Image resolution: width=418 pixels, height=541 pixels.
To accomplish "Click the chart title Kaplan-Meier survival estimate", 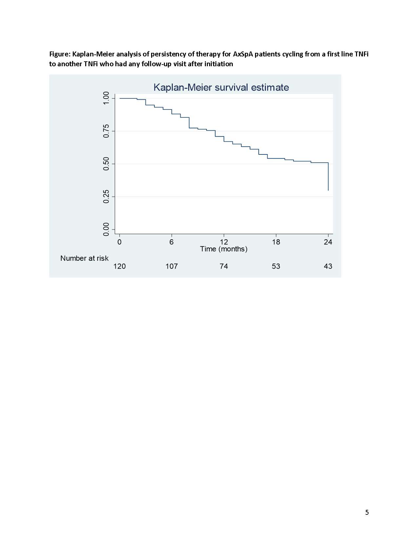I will coord(221,88).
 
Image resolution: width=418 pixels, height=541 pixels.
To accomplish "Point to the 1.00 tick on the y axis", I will coord(106,98).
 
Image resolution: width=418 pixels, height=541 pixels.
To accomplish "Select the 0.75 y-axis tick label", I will coord(106,131).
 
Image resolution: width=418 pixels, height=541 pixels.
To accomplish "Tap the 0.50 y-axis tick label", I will coord(106,164).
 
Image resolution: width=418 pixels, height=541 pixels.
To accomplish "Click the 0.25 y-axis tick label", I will coord(106,196).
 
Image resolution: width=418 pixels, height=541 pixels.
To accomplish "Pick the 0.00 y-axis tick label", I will coord(106,229).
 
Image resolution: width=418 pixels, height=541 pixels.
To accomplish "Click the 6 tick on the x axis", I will coord(171,242).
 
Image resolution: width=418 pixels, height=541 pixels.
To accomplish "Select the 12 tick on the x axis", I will coord(224,242).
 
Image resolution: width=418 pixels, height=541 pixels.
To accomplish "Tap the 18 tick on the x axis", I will coord(276,242).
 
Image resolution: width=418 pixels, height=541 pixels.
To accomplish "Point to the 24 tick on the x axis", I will coord(328,242).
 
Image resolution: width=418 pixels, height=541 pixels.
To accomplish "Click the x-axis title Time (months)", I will coord(224,249).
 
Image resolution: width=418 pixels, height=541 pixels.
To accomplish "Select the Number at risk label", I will coord(84,258).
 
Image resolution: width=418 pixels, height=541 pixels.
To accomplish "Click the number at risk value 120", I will coord(119,266).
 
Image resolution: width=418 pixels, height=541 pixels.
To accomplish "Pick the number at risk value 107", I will coord(171,266).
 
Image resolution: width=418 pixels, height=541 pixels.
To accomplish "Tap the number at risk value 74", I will coord(224,266).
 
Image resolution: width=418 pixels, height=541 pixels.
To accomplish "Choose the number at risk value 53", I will coord(276,266).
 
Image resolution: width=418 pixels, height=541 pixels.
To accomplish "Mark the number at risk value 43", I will coord(328,266).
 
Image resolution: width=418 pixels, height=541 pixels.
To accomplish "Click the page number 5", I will coord(367,512).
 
